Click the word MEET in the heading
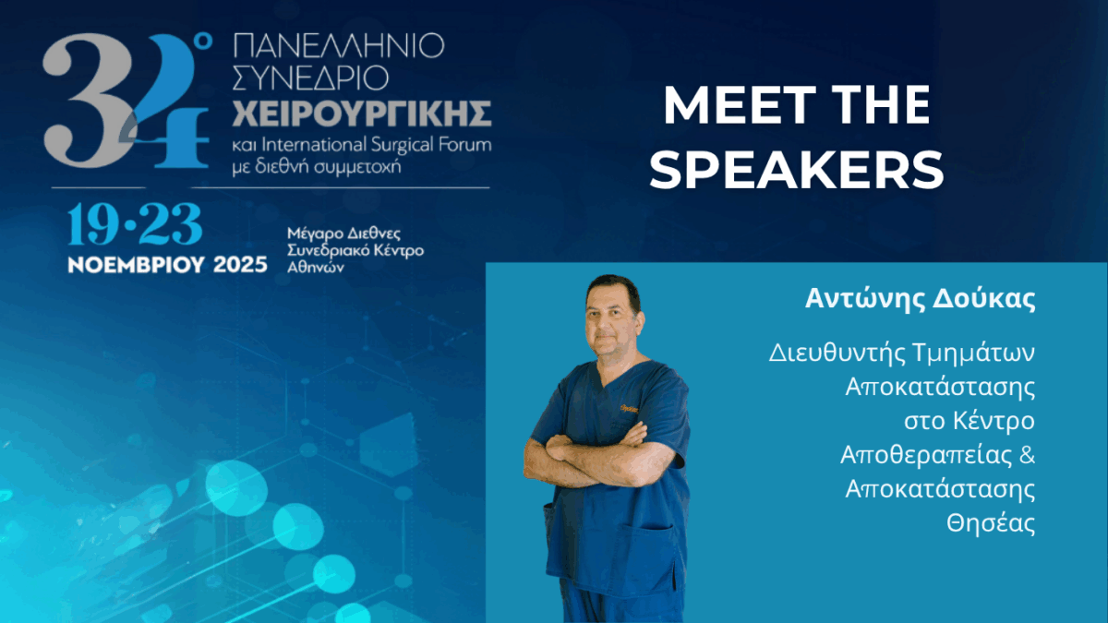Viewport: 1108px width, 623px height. click(740, 105)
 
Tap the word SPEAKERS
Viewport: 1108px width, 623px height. click(797, 170)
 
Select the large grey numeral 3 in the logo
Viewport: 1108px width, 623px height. click(89, 102)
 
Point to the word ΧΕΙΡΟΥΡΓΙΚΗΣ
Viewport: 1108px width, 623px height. click(362, 114)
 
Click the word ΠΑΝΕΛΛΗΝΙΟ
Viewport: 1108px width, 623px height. click(338, 45)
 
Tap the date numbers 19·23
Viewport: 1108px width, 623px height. click(135, 224)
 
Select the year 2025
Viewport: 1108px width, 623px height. click(240, 265)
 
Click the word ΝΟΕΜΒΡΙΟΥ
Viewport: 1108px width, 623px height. click(136, 265)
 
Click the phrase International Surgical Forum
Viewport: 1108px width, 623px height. click(377, 144)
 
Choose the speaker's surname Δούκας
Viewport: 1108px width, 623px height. click(983, 299)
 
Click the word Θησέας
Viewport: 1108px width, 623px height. click(991, 523)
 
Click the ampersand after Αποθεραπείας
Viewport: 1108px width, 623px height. click(1027, 454)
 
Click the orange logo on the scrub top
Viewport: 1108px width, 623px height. click(629, 408)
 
